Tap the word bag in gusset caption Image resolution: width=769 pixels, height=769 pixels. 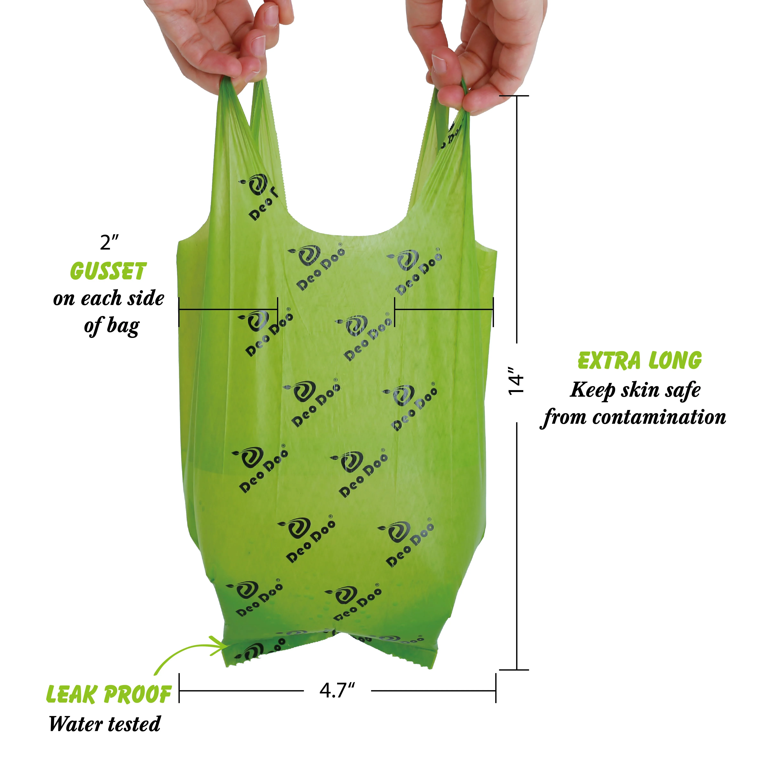pos(123,326)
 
